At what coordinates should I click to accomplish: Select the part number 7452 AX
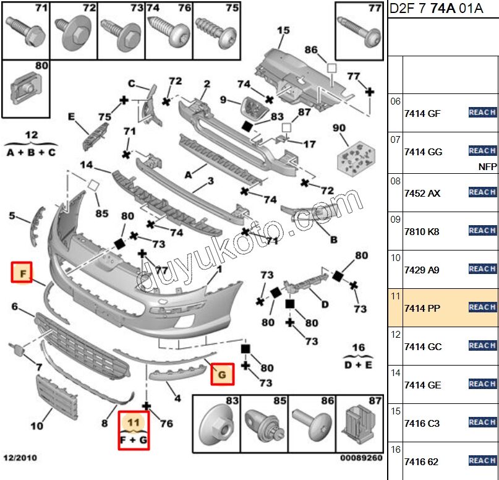point(422,193)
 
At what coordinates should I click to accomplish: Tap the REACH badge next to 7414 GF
point(482,112)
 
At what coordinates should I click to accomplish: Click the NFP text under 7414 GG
point(487,167)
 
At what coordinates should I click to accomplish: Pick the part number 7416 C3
point(422,423)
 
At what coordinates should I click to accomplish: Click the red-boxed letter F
point(22,272)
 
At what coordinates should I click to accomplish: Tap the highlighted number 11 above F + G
point(134,423)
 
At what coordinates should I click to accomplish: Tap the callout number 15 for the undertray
point(283,30)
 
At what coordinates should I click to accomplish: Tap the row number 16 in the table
point(396,450)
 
